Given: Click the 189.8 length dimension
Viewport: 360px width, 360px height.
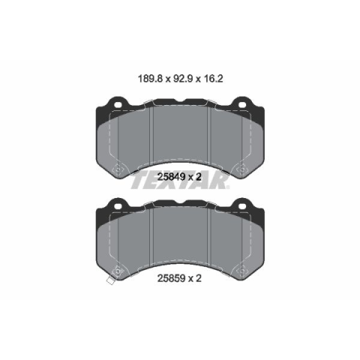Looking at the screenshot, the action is pyautogui.click(x=150, y=79).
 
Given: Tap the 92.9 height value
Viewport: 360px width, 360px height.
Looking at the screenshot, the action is pyautogui.click(x=183, y=79).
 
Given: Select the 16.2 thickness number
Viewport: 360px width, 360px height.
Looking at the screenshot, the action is pyautogui.click(x=213, y=79).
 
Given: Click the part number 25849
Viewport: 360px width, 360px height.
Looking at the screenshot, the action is pyautogui.click(x=171, y=177).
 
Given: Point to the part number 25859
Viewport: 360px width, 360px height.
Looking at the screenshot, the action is pyautogui.click(x=171, y=278).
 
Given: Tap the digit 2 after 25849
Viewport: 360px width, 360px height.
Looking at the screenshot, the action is pyautogui.click(x=199, y=177).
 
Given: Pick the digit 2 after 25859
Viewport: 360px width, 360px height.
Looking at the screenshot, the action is pyautogui.click(x=199, y=278).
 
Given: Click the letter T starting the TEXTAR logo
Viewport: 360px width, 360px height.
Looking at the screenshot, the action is pyautogui.click(x=139, y=181).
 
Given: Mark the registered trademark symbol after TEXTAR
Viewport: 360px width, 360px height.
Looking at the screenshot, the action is pyautogui.click(x=227, y=187).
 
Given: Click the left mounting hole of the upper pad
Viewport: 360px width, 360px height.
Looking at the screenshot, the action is pyautogui.click(x=118, y=105).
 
